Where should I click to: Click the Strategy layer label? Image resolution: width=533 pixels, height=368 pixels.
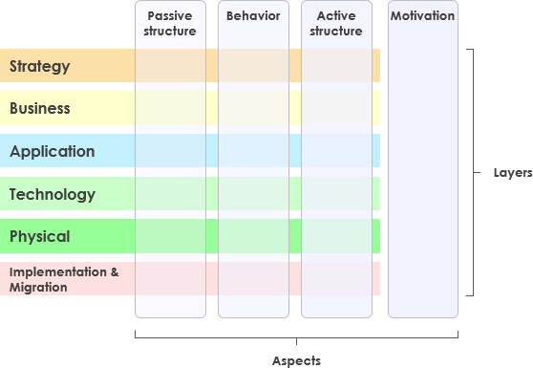tap(40, 66)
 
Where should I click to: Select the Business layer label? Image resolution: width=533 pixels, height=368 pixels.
tap(40, 109)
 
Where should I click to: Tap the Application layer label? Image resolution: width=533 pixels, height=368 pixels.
tap(53, 152)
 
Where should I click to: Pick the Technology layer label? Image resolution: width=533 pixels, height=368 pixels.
tap(53, 195)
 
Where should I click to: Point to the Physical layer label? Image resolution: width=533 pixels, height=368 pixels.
tap(40, 236)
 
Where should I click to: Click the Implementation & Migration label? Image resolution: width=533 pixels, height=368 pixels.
tap(64, 279)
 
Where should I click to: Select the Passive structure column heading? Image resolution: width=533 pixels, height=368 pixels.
tap(171, 24)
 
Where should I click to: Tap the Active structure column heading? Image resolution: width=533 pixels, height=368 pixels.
tap(336, 24)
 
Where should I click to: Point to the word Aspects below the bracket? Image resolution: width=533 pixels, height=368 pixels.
tap(296, 360)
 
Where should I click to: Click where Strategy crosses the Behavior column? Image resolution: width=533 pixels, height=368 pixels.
tap(253, 66)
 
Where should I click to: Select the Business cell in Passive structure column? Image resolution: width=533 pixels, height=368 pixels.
tap(171, 109)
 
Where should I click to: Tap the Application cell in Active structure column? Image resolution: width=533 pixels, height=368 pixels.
tap(336, 151)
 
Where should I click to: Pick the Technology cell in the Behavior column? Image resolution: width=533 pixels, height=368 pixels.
tap(253, 194)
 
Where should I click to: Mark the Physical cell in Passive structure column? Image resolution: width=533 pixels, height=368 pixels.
tap(171, 236)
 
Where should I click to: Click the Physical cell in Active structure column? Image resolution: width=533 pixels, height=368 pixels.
tap(336, 236)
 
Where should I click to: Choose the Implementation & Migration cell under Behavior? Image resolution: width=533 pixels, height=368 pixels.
tap(253, 278)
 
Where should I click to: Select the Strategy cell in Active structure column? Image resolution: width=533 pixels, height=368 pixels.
tap(336, 66)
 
